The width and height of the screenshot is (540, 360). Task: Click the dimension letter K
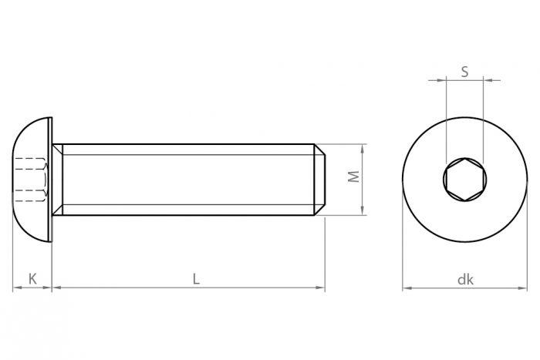(32, 279)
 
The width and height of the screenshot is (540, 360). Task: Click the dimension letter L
(196, 279)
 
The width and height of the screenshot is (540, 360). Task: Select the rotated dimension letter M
(353, 177)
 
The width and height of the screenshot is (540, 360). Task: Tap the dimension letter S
(464, 71)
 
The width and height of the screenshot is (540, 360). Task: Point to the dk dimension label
(464, 280)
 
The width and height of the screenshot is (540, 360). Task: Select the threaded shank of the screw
(185, 179)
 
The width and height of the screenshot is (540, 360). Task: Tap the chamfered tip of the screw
(319, 179)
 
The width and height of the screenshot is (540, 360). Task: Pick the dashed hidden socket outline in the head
(31, 179)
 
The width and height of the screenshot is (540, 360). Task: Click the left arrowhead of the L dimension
(56, 288)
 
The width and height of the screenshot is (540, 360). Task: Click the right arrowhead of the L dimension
(320, 288)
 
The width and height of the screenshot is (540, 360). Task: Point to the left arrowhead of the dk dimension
(407, 288)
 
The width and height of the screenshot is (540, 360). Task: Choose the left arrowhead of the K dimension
(16, 288)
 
